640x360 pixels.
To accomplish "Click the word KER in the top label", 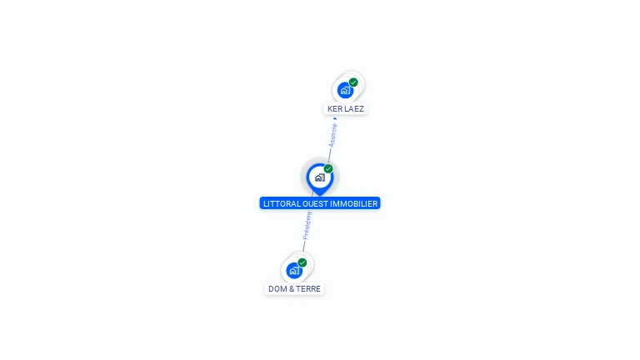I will tap(335, 109).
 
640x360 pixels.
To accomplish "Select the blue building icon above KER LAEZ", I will tap(345, 90).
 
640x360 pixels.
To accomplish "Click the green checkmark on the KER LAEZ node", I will tap(353, 82).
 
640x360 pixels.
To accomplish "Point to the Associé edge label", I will tap(332, 136).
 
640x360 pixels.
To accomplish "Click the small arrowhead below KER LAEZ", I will tap(335, 118).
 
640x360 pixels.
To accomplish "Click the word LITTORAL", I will tap(282, 203).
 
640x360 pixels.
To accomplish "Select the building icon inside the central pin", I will tap(319, 177).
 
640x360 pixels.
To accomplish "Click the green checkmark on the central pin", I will tap(328, 169).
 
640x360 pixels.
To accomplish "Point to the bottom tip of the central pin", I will tap(319, 195).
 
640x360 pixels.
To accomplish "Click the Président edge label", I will tap(307, 225).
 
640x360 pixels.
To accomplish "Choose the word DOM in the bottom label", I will tap(277, 289).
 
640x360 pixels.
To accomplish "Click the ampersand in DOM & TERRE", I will tap(292, 289).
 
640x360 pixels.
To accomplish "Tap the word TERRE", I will tap(308, 289).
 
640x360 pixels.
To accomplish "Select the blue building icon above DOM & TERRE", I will tap(293, 270).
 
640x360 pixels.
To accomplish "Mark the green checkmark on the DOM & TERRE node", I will tap(302, 262).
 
